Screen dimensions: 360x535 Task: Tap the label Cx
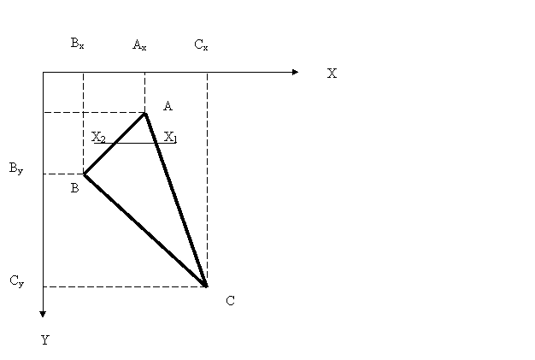201,45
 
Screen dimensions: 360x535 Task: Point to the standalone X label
332,74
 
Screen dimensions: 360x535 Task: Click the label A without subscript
168,106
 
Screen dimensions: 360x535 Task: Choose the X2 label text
98,137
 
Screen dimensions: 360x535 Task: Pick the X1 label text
171,137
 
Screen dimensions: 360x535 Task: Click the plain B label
75,189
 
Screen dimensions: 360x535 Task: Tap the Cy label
16,281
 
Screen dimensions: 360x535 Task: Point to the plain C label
230,301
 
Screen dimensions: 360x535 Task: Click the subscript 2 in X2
103,139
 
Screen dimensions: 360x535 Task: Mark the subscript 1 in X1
174,139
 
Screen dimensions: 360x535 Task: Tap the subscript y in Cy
21,284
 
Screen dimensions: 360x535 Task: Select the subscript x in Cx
205,48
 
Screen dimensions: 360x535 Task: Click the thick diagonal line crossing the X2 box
122,138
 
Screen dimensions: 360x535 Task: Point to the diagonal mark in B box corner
89,180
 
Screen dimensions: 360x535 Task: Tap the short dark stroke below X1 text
159,148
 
